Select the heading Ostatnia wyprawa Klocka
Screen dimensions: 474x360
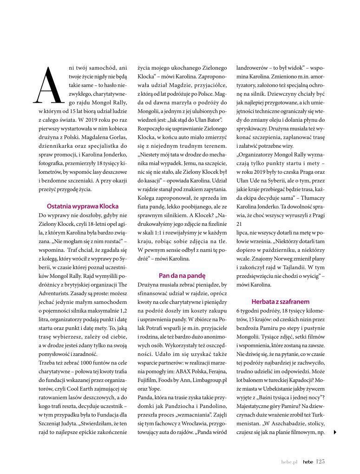(x=83, y=206)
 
